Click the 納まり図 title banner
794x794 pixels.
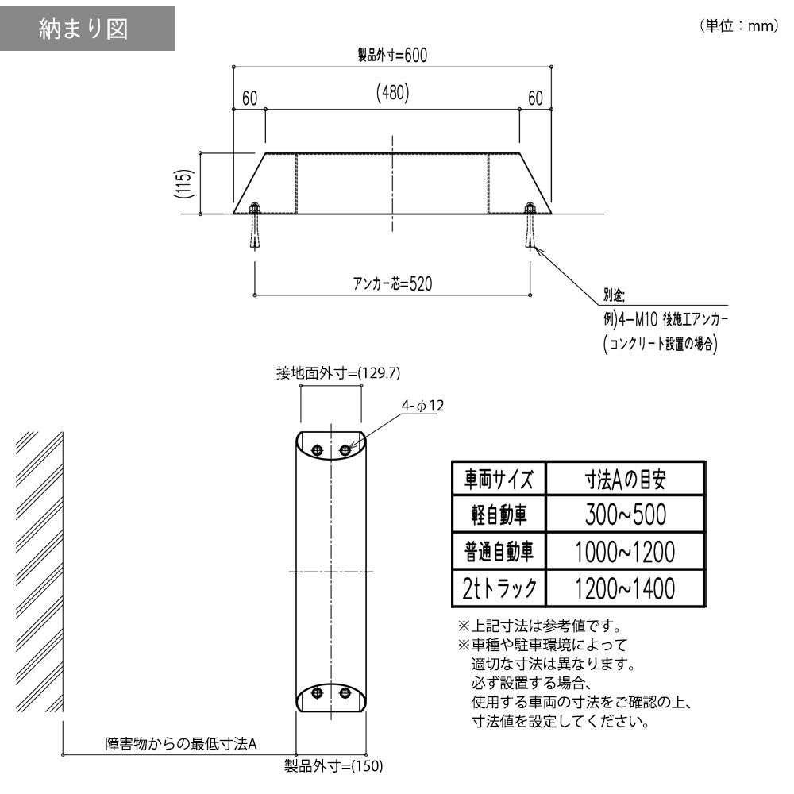pos(87,29)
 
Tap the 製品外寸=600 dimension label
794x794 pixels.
pos(392,55)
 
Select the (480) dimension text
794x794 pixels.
pos(393,92)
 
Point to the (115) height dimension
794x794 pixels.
pos(184,183)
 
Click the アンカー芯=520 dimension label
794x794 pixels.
pos(393,283)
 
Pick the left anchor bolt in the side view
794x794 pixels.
pos(255,225)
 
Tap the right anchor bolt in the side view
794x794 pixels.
pos(530,225)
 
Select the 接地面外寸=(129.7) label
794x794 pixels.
pos(338,373)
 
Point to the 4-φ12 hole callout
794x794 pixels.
pos(423,406)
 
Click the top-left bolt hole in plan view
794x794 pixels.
pos(317,449)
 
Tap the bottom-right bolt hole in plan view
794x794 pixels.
pos(345,692)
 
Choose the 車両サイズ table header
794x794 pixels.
pos(499,479)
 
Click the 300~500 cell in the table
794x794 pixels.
pos(626,515)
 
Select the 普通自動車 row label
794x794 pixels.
pos(499,552)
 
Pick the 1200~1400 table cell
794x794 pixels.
pos(626,588)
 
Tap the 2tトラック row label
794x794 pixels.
pos(499,588)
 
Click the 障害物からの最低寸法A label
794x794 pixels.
pos(181,743)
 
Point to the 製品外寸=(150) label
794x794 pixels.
pos(333,765)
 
